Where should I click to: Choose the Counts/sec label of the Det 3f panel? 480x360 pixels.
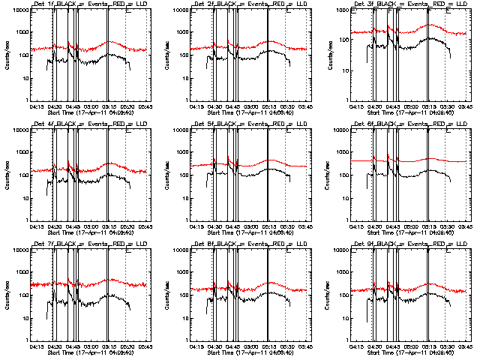coord(326,55)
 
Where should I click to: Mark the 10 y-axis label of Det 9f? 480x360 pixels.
coord(340,318)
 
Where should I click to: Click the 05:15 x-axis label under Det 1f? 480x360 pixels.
coord(109,106)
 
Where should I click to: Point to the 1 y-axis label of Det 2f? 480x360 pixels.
coord(185,100)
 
